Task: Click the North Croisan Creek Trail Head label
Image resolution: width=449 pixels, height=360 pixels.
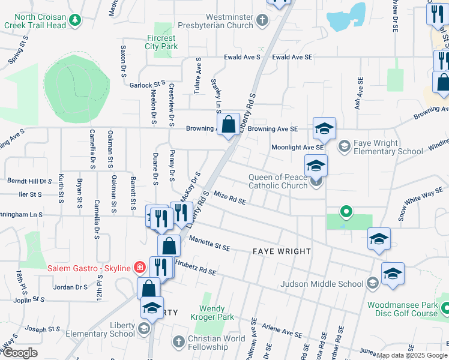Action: [x=34, y=22]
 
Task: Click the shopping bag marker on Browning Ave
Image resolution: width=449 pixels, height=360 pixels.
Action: [x=229, y=125]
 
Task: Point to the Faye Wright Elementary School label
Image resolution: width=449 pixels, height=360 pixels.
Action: [x=388, y=148]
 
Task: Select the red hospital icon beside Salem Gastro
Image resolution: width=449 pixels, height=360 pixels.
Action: [x=139, y=267]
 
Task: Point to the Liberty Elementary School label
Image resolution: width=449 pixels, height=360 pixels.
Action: [x=122, y=329]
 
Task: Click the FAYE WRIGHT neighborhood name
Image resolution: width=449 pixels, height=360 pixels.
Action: [x=282, y=251]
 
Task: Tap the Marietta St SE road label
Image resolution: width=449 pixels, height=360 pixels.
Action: [x=209, y=243]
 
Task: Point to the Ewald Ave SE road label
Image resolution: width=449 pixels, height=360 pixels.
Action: [x=292, y=57]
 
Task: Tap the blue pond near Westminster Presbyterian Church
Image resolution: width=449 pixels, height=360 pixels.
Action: [x=347, y=19]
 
